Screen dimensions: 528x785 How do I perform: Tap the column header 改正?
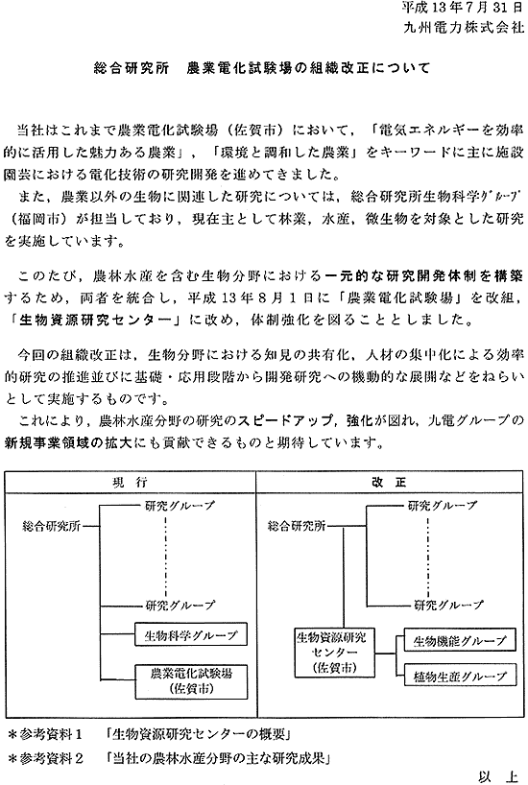click(x=388, y=478)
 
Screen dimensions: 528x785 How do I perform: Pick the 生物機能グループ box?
click(x=455, y=639)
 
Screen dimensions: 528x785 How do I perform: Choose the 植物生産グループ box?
click(x=455, y=676)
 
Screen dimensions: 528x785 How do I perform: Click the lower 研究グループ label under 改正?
click(x=446, y=606)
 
